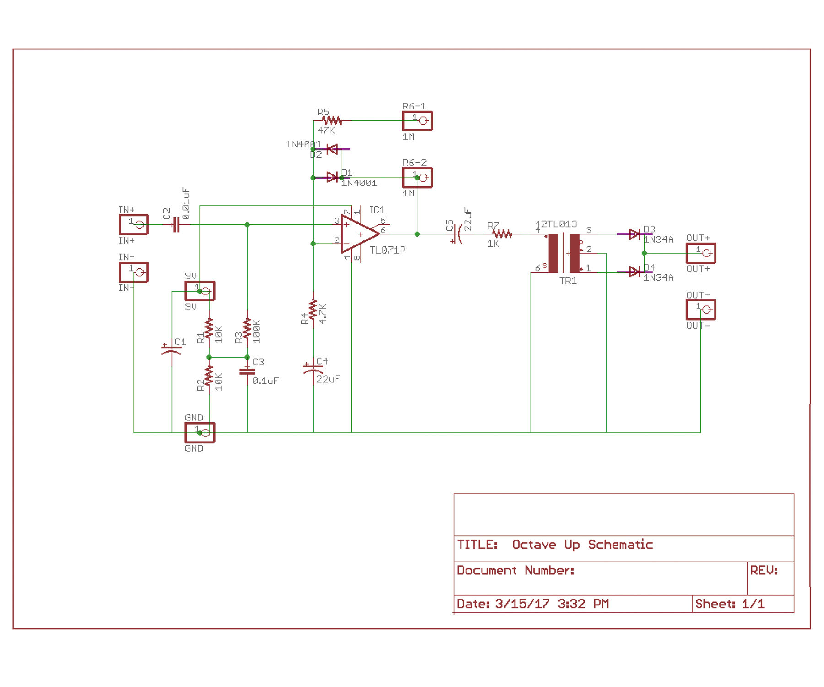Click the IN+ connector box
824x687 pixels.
coord(134,224)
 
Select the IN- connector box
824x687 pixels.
coord(134,272)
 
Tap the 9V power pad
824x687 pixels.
coord(200,291)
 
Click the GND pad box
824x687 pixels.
coord(200,432)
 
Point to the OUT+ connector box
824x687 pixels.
coord(701,253)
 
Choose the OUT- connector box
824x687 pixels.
coord(701,310)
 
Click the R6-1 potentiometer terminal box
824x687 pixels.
coord(417,121)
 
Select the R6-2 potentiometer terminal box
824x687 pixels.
coord(417,178)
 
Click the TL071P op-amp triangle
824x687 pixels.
coord(358,234)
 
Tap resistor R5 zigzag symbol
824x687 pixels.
coord(332,121)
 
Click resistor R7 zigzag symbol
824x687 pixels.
coord(502,234)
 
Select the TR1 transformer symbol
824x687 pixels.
coord(564,253)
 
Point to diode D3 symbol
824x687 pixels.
coord(634,234)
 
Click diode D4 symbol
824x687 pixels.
coord(634,272)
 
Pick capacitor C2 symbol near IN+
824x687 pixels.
coord(176,224)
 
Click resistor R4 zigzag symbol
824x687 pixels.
coord(313,310)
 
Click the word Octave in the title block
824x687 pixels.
coord(533,545)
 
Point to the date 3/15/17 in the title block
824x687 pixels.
coord(522,604)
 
